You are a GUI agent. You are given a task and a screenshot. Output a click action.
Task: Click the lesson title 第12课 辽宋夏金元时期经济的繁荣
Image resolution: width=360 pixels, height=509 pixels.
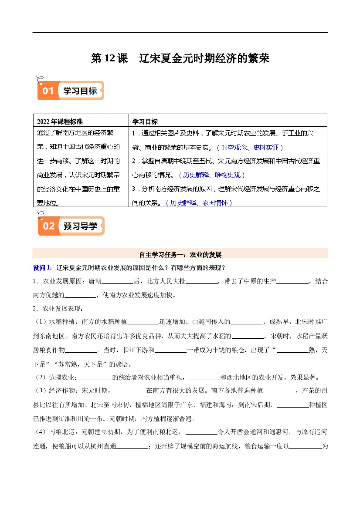coord(180,58)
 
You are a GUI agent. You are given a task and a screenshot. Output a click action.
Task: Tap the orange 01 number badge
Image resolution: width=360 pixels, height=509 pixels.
coord(48,91)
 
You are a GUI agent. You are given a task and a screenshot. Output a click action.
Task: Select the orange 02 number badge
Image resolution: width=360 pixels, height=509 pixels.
coord(48,226)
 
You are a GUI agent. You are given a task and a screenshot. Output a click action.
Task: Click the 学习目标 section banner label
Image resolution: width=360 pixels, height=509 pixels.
coord(80,91)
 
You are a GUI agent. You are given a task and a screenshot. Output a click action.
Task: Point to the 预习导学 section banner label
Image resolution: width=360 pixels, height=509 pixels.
coord(81,226)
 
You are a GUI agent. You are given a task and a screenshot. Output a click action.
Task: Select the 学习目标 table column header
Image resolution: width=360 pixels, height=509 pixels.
coord(145,121)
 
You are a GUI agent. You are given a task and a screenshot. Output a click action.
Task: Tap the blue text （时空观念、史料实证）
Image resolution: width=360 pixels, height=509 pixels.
coord(250,147)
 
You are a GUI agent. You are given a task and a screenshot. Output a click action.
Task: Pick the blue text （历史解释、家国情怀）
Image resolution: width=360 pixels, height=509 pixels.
coord(199,202)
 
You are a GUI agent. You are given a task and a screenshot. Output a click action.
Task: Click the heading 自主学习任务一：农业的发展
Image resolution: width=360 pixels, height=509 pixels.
coord(180,255)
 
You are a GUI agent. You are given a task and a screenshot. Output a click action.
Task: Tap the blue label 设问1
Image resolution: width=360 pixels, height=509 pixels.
coord(42,267)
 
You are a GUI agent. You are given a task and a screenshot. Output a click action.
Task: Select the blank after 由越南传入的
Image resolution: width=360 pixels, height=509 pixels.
coord(247,322)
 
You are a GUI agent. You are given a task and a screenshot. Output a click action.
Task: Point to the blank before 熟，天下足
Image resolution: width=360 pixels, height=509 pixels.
coord(292,350)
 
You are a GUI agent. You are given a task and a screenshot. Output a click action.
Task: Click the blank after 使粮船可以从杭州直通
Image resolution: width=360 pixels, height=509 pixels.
coord(133,446)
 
